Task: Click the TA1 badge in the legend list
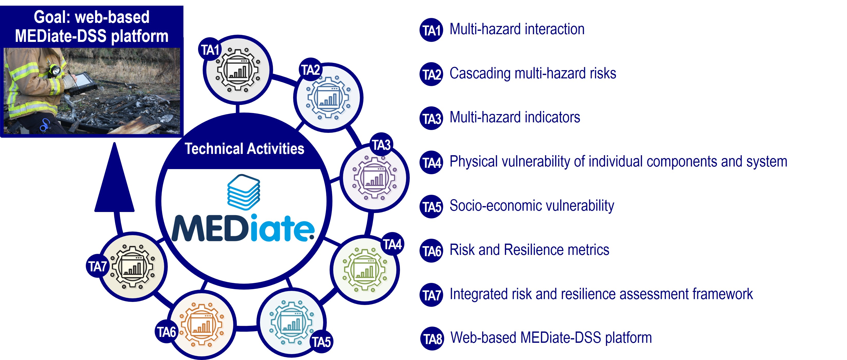431,30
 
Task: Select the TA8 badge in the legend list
432,338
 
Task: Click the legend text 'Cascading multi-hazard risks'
533,73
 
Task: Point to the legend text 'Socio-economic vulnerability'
532,206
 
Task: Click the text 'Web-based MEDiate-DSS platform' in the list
551,338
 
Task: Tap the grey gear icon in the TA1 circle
238,70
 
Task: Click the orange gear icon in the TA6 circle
202,325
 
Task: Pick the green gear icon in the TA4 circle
365,270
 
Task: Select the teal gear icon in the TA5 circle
291,322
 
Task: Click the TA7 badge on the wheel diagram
98,266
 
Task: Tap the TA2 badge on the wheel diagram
311,69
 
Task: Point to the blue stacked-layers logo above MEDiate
244,192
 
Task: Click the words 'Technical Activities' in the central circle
244,149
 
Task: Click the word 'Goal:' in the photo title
52,17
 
